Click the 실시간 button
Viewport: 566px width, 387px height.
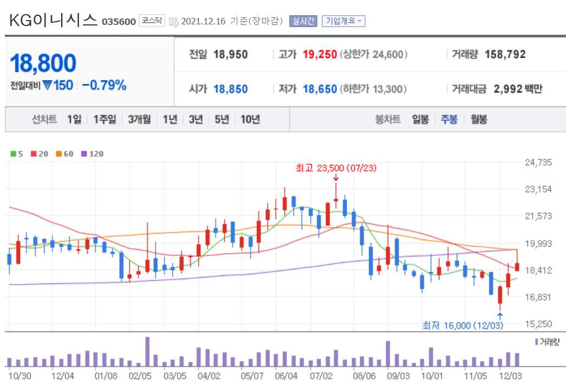[x=303, y=21]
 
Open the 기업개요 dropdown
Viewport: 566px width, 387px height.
[x=343, y=21]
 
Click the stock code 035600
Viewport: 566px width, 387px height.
[x=119, y=22]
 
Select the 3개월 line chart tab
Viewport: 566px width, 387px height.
[x=140, y=119]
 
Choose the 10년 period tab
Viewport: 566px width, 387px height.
[x=250, y=119]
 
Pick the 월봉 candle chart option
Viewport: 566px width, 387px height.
[x=478, y=119]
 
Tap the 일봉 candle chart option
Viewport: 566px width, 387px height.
[x=420, y=119]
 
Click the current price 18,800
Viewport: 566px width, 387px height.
[x=43, y=63]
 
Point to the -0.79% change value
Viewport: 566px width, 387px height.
[x=104, y=85]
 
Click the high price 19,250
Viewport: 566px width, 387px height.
[x=320, y=54]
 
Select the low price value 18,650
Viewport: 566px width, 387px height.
[x=320, y=89]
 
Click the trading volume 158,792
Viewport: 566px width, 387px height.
[x=505, y=54]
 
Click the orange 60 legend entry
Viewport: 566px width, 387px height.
[x=64, y=154]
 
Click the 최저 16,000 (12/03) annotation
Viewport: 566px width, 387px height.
[x=463, y=325]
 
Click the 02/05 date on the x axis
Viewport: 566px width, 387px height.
[x=140, y=375]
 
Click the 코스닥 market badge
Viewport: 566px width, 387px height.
[x=152, y=21]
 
